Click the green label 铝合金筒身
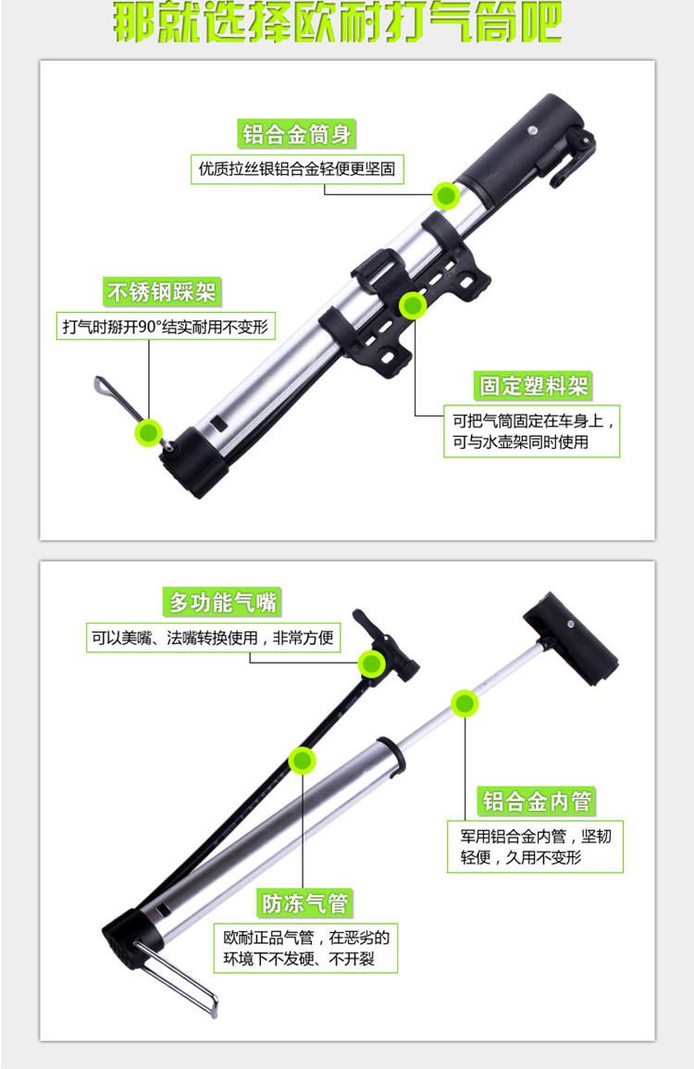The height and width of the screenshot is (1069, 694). (x=296, y=133)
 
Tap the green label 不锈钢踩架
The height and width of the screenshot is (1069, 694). (x=162, y=292)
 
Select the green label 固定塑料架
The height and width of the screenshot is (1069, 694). (x=533, y=386)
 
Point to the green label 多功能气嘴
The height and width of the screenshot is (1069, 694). (x=222, y=602)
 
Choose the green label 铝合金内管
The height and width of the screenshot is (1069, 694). (x=538, y=801)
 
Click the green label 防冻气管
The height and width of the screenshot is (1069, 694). (x=305, y=903)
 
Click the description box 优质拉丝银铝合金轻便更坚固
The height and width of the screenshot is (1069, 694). (x=296, y=169)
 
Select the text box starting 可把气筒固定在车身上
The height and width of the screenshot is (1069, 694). (x=532, y=431)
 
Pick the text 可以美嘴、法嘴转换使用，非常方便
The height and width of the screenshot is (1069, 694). (x=213, y=638)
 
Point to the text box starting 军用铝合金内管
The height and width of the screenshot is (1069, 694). (x=535, y=846)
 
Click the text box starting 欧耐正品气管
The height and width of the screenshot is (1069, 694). (x=306, y=949)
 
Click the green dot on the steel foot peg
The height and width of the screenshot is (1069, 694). (x=149, y=432)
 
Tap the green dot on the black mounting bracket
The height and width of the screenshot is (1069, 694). (x=413, y=306)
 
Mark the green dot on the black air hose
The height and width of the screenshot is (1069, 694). (x=302, y=760)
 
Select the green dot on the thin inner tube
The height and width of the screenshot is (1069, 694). (x=465, y=703)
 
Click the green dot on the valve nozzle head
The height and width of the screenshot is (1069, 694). (x=372, y=664)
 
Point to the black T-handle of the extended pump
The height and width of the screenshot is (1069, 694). (x=571, y=640)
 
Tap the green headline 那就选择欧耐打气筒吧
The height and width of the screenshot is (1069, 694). (x=337, y=22)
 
